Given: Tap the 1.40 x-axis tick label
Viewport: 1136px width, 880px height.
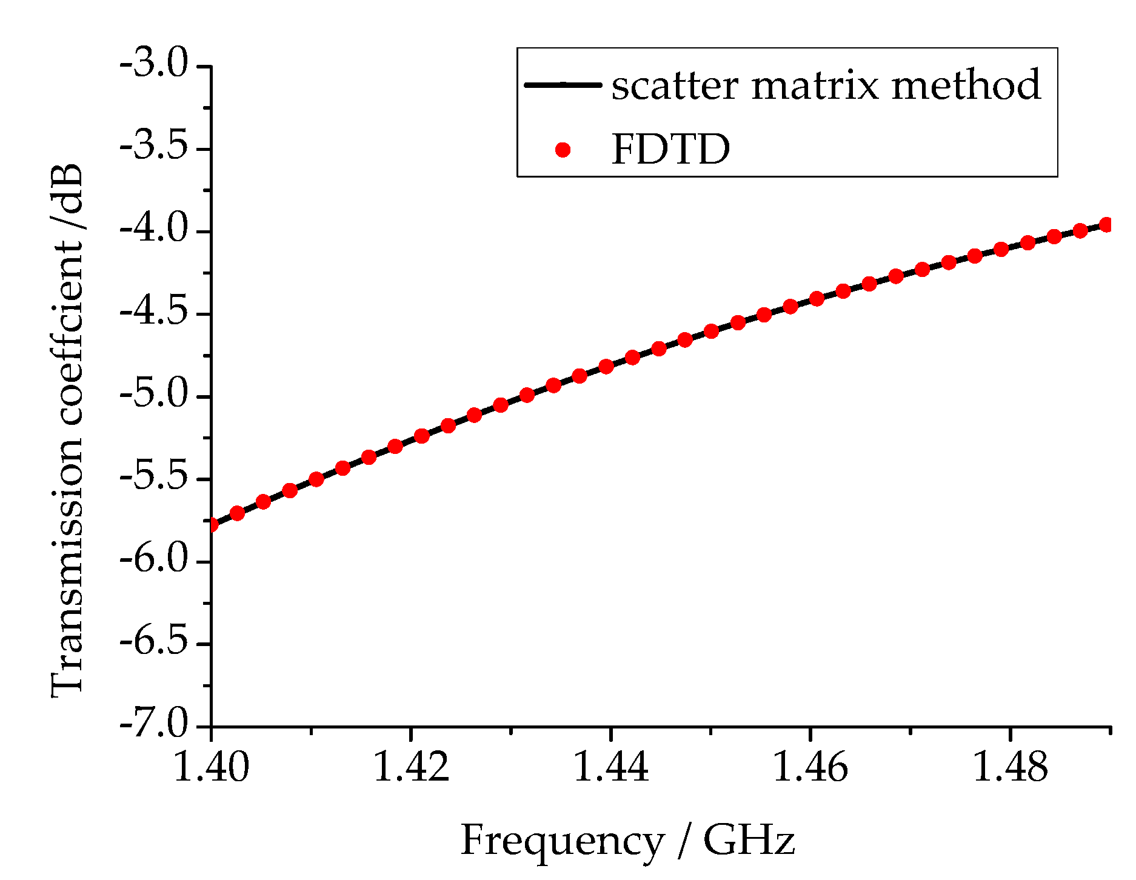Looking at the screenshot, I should click(x=211, y=767).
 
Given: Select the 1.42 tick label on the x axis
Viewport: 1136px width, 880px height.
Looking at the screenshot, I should click(x=411, y=767).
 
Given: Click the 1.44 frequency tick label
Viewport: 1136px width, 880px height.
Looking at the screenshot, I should click(x=610, y=767).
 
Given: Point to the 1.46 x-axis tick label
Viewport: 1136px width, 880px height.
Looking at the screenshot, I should click(x=810, y=767).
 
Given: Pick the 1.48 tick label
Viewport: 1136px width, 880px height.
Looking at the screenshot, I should click(x=1010, y=767).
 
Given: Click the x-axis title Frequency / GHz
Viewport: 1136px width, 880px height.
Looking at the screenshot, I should click(x=627, y=841).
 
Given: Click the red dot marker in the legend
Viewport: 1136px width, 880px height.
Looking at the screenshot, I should click(x=563, y=150).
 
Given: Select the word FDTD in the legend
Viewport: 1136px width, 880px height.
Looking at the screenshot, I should click(x=671, y=149).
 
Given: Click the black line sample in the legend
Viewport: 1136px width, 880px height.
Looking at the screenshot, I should click(x=563, y=85).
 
